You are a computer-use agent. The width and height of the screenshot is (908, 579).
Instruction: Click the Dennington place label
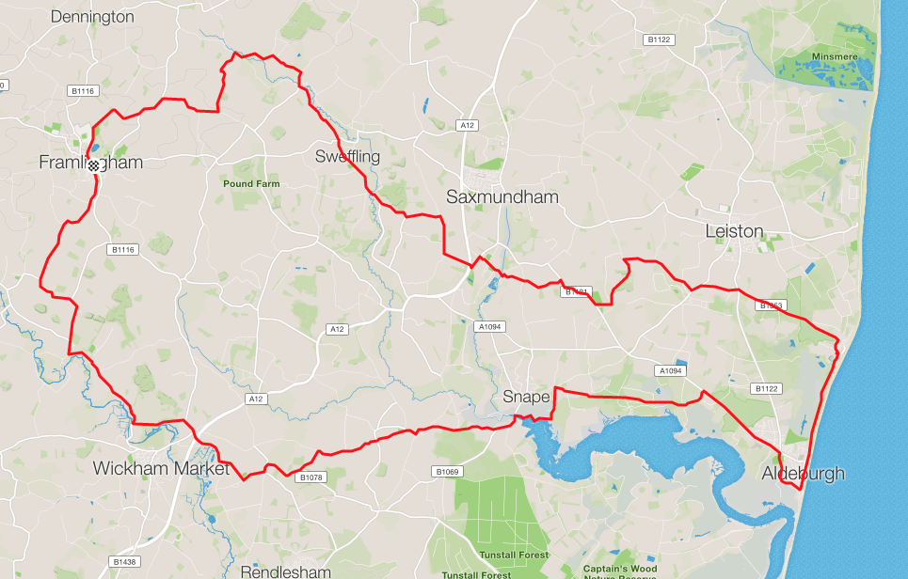coord(93,16)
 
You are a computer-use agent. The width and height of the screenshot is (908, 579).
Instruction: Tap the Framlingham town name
coord(90,163)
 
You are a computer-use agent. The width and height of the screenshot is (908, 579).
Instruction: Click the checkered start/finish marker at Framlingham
coord(93,164)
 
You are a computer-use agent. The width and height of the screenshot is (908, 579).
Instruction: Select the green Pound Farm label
coord(251,184)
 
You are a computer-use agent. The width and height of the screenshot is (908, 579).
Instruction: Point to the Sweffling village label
coord(347,156)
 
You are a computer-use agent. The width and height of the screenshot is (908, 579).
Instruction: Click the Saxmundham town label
coord(502,197)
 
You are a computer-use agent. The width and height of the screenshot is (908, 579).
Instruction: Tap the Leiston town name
coord(734,231)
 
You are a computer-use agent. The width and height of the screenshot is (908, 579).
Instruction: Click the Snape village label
coord(526,397)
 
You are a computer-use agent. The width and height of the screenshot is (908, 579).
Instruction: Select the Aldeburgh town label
coord(803,473)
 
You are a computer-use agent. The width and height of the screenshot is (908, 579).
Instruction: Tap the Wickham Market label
coord(161,468)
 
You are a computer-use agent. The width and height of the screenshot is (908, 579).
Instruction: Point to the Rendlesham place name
coord(285,571)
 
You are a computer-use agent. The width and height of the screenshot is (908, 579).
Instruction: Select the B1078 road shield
coord(311,477)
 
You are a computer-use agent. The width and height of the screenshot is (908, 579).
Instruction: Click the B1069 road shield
coord(446,471)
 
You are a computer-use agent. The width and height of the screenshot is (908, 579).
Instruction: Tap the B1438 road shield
coord(123,561)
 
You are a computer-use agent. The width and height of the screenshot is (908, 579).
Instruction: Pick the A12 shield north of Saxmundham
coord(466,125)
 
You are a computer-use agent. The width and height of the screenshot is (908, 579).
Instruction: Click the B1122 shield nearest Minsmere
coord(658,39)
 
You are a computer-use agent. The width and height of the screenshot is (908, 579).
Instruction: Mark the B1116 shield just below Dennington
coord(83,91)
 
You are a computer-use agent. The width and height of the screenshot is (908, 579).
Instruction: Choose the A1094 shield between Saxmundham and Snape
coord(491,326)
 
